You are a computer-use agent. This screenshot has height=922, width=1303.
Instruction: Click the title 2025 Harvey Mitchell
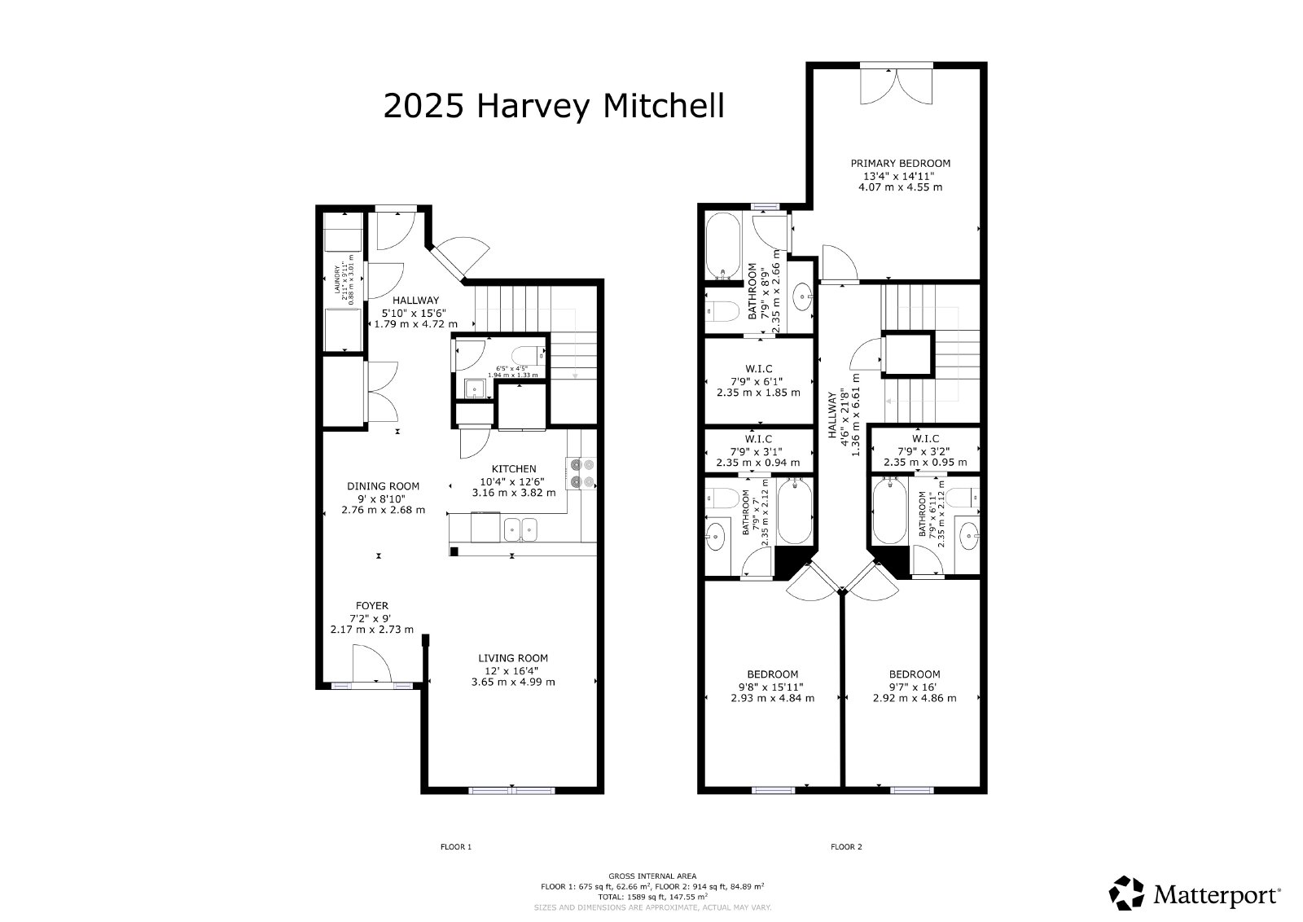coord(553,106)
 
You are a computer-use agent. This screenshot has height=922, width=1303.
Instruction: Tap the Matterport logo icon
coord(1128,893)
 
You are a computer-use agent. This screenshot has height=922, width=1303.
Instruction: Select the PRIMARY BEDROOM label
coord(900,163)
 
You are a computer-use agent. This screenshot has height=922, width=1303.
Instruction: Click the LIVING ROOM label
coord(513,658)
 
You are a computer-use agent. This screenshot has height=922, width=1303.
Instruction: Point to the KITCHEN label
coord(514,468)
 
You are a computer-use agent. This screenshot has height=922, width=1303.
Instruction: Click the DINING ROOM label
coord(383,486)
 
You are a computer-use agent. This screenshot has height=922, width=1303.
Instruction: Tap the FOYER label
coord(372,605)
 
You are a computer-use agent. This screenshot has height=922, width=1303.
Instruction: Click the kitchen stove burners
coord(583,472)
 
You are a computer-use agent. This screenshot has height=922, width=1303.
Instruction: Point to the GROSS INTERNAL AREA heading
coord(652,876)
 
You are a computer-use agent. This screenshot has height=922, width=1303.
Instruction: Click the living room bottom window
coord(512,789)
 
